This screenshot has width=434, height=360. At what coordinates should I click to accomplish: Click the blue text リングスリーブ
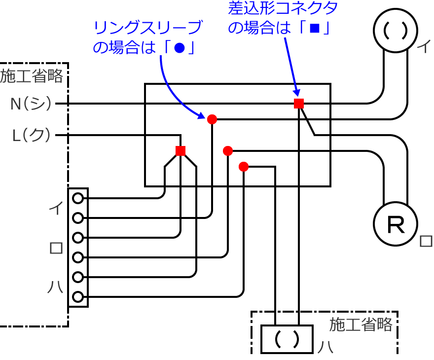pyautogui.click(x=147, y=28)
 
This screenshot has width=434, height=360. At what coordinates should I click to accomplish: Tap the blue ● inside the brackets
pyautogui.click(x=180, y=48)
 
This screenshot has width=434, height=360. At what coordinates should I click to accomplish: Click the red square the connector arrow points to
pyautogui.click(x=299, y=103)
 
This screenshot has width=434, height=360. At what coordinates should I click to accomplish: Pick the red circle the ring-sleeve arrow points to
pyautogui.click(x=212, y=119)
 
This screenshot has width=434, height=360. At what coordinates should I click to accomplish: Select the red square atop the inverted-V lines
pyautogui.click(x=181, y=151)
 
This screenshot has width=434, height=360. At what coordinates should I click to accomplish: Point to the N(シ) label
pyautogui.click(x=31, y=104)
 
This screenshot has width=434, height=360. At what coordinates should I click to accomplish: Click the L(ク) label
pyautogui.click(x=31, y=135)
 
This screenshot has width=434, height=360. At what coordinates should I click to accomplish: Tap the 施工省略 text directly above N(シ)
pyautogui.click(x=32, y=76)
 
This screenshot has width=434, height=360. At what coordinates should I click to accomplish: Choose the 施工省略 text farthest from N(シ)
pyautogui.click(x=361, y=324)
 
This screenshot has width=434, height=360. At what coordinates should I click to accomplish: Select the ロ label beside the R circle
pyautogui.click(x=426, y=241)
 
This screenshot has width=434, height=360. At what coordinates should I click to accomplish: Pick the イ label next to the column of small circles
pyautogui.click(x=56, y=208)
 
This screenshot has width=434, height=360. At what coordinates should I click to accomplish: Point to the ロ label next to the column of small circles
pyautogui.click(x=56, y=248)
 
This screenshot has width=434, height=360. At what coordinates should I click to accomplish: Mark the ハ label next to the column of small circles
pyautogui.click(x=56, y=287)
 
